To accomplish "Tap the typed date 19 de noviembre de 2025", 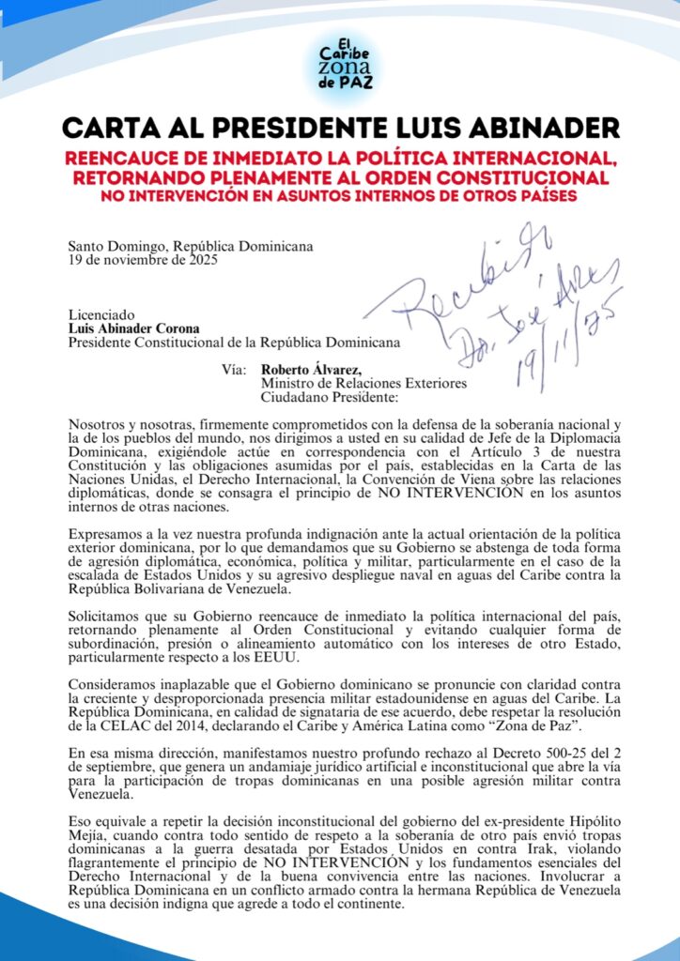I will point(143,261).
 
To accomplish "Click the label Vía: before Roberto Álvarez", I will point(234,369).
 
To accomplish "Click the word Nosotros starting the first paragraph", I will point(98,425).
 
